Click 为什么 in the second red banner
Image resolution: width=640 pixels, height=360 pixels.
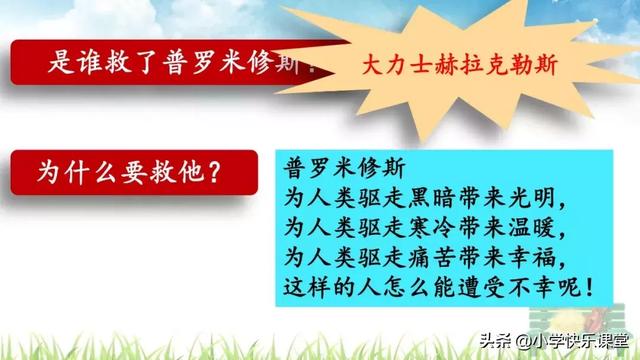tap(71, 170)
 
